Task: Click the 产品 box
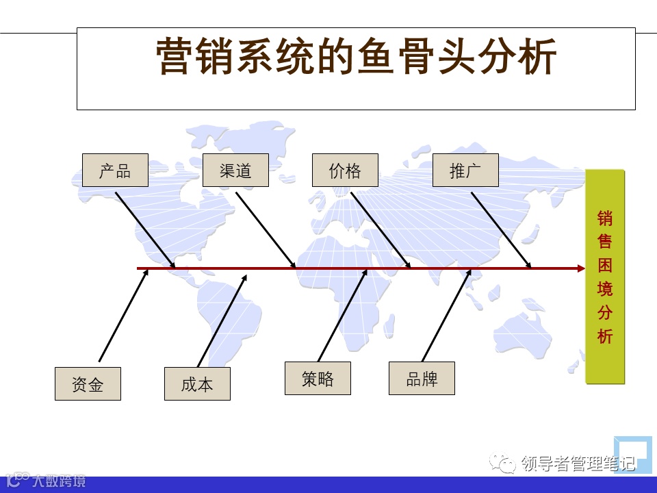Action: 115,170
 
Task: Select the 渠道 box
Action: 235,170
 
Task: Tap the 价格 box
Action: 345,170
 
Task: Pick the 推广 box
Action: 465,170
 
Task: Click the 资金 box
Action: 88,384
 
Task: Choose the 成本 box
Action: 197,384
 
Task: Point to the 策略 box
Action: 318,379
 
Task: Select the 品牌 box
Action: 422,379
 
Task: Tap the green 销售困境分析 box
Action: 605,277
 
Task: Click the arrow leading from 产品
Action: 145,230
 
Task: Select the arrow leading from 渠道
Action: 266,230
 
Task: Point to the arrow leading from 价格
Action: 381,230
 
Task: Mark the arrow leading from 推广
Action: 501,230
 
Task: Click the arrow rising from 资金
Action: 123,316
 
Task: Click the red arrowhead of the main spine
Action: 581,268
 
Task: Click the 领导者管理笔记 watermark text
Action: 578,464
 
